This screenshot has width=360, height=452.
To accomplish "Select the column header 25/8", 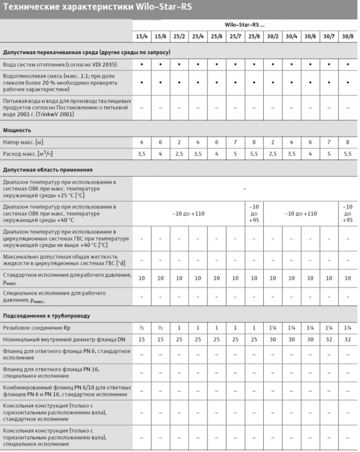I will tap(254, 37).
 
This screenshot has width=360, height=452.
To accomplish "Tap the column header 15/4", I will tap(142, 37).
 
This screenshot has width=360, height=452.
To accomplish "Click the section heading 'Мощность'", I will tap(17, 130).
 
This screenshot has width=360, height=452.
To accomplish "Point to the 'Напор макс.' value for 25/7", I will tap(235, 142).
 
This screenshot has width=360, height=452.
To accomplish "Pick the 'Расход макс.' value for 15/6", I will tap(160, 154).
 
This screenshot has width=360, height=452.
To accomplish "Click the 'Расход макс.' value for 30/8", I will tap(348, 154).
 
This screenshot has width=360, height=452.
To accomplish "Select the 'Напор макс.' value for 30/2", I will tap(273, 142).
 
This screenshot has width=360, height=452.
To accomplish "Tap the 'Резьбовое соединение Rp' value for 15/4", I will tap(142, 327).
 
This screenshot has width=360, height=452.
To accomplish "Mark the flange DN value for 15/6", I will tap(160, 340).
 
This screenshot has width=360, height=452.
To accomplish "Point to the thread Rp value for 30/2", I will tap(273, 327).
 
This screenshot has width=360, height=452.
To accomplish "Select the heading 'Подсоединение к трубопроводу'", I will tap(47, 315).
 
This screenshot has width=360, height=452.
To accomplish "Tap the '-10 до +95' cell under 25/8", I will tap(254, 213).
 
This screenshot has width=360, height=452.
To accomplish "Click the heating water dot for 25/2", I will tap(179, 64).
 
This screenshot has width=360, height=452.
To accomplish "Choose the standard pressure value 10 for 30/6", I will tap(310, 278).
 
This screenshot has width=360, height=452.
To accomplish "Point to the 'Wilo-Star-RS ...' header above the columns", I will tap(244, 25).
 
